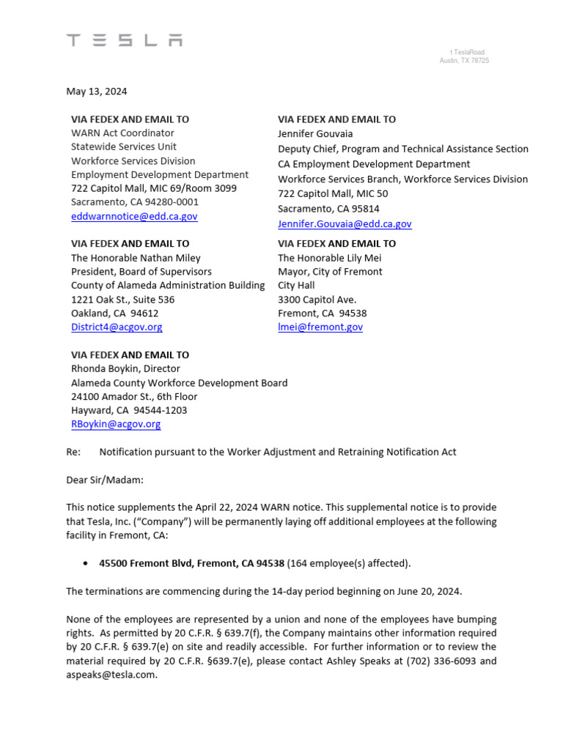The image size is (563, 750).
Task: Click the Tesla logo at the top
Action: (125, 40)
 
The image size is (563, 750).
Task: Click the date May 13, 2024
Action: (96, 92)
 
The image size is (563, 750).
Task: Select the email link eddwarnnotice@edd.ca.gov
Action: (134, 216)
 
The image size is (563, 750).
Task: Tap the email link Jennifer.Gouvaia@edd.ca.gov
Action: (345, 224)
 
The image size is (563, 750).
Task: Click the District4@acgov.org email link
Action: (117, 327)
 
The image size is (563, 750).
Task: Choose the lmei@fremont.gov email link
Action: (320, 327)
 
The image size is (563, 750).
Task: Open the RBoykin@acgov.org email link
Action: (116, 424)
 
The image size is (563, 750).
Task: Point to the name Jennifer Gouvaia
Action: (315, 134)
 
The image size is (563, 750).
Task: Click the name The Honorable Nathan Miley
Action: (136, 258)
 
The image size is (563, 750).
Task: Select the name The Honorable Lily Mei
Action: (329, 258)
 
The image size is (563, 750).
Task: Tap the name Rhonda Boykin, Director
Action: (125, 369)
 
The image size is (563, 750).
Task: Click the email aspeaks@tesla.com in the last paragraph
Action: (111, 675)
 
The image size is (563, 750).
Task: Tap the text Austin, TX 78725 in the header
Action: (464, 61)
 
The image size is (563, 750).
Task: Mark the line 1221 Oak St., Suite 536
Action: (122, 300)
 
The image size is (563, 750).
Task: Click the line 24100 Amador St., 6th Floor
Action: (134, 396)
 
